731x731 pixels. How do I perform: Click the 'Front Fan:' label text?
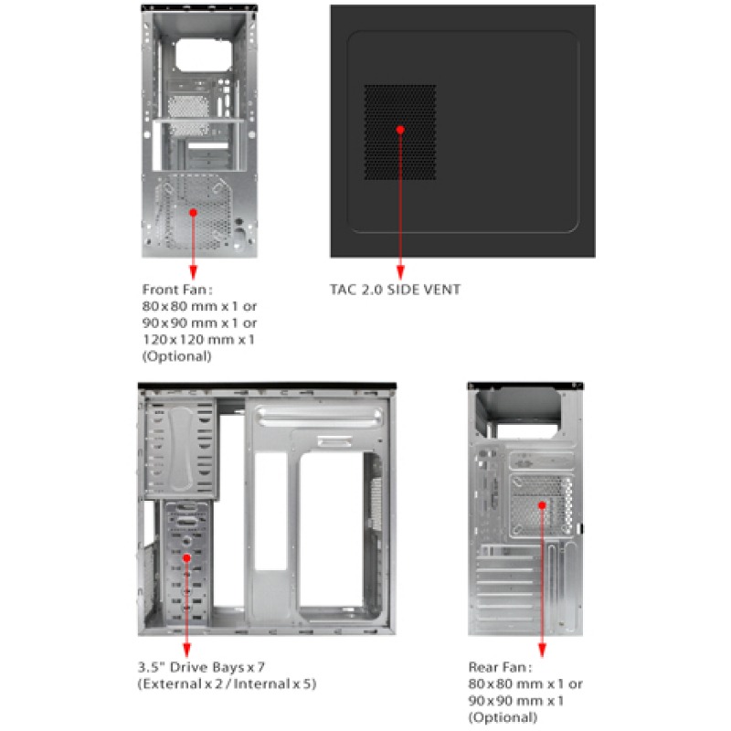pyautogui.click(x=173, y=290)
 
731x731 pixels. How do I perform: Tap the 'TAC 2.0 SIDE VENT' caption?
pyautogui.click(x=395, y=290)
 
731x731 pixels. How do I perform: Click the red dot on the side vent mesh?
pyautogui.click(x=400, y=129)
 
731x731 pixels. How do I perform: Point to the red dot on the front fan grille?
pyautogui.click(x=193, y=211)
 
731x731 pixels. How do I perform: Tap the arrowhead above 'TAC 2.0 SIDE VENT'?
pyautogui.click(x=400, y=272)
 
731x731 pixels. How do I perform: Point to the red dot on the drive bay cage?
pyautogui.click(x=186, y=556)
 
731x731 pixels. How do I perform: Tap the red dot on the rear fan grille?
pyautogui.click(x=541, y=504)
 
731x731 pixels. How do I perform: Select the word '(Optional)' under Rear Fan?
pyautogui.click(x=497, y=717)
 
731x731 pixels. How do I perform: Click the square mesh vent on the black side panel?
pyautogui.click(x=400, y=132)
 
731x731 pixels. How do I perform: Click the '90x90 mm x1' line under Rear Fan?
pyautogui.click(x=515, y=700)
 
